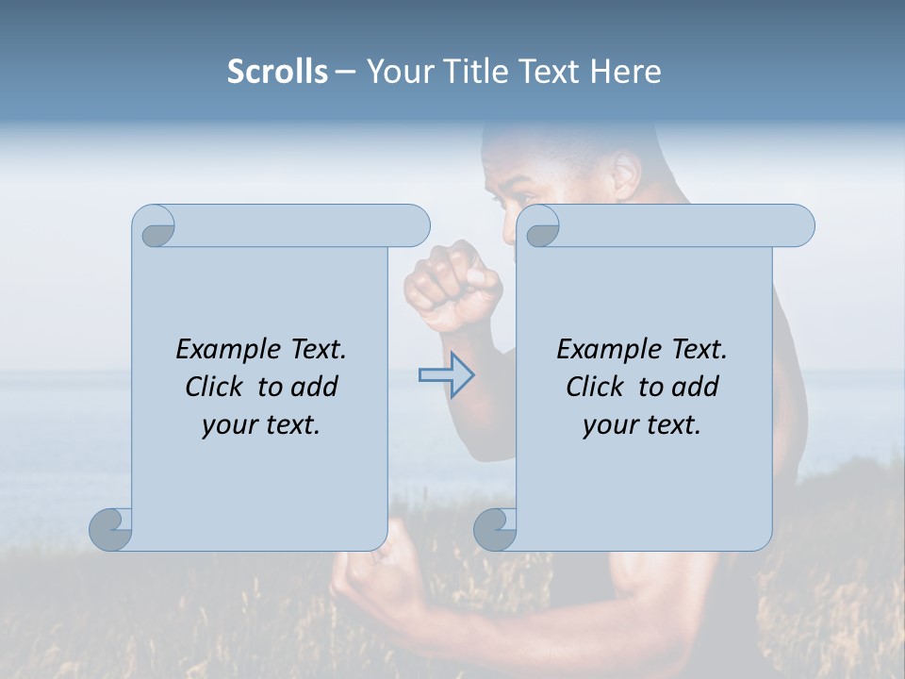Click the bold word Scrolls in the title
(x=277, y=72)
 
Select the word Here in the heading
(x=625, y=72)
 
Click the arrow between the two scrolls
(x=447, y=374)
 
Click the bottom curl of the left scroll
(x=111, y=529)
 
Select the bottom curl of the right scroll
(x=495, y=529)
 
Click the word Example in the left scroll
(x=228, y=350)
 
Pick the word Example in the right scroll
(x=609, y=350)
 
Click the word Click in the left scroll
(x=217, y=387)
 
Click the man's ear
(x=625, y=174)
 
